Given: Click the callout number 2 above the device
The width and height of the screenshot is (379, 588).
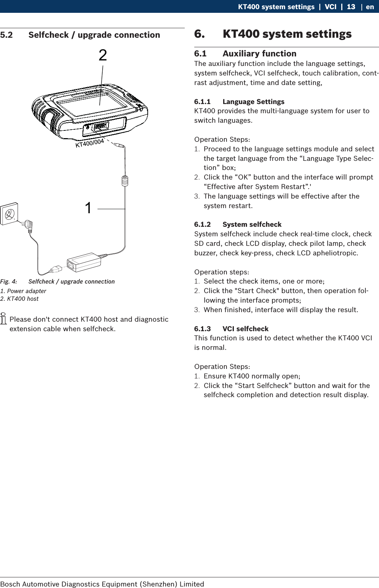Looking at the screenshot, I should click(x=103, y=55).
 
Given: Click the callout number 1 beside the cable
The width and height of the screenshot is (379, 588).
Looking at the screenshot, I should click(x=88, y=208).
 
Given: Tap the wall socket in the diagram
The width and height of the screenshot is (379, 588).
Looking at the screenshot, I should click(x=9, y=214).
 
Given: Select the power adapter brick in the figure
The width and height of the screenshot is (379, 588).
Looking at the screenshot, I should click(x=84, y=262).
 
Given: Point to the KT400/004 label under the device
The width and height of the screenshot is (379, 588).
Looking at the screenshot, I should click(x=90, y=143).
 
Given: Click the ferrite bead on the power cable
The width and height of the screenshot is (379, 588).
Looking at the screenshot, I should click(x=125, y=181).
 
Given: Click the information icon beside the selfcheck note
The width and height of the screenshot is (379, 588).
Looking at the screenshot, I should click(x=4, y=318).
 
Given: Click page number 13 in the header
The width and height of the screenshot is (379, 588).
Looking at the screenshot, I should click(x=351, y=7).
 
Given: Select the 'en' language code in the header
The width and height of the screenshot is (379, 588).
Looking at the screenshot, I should click(x=370, y=7).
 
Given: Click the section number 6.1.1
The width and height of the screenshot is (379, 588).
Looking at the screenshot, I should click(x=202, y=101).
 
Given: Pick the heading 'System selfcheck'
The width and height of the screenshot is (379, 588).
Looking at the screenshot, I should click(x=252, y=224).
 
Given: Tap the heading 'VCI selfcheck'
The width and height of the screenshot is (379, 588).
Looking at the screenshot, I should click(x=245, y=329).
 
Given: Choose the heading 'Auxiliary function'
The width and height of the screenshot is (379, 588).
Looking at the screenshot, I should click(x=260, y=53).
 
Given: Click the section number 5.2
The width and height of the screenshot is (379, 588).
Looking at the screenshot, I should click(x=6, y=35).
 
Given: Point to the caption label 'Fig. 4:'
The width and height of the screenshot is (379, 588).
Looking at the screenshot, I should click(x=8, y=281).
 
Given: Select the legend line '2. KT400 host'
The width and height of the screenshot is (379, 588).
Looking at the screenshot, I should click(x=19, y=299).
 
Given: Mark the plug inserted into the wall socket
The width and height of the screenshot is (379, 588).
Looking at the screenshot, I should click(x=28, y=226).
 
